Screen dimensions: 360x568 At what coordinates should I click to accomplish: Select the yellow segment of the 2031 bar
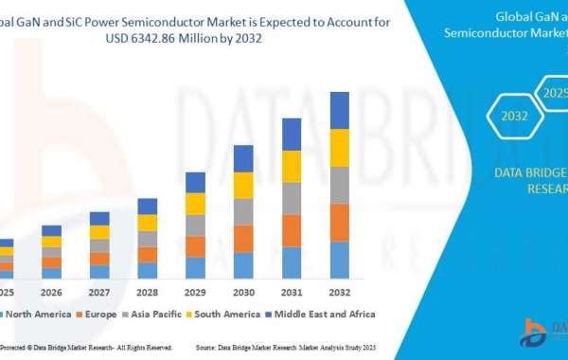292,166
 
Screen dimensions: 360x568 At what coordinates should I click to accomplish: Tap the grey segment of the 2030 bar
243,211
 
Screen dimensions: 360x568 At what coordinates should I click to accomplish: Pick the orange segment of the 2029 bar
195,246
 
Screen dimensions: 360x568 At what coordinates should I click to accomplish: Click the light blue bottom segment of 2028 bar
147,270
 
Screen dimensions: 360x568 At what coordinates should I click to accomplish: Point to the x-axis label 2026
51,291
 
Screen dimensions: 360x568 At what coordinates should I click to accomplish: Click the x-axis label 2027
99,291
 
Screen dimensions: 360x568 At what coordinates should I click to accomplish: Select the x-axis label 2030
243,291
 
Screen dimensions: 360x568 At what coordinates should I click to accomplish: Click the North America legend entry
38,314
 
